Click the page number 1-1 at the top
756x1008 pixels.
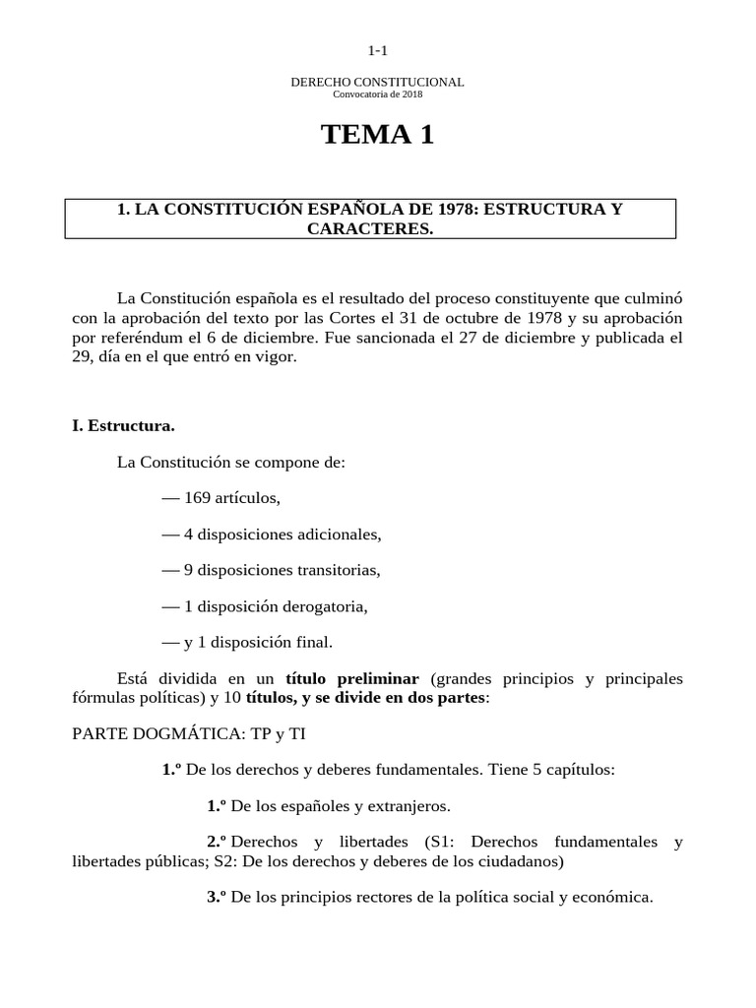pos(377,50)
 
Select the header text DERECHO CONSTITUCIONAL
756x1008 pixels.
pos(377,82)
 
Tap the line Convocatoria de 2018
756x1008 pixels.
pos(377,94)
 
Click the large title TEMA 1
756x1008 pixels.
pos(377,136)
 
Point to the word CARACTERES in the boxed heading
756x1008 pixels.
pos(370,228)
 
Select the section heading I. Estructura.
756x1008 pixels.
pos(123,426)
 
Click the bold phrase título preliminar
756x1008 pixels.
pos(352,679)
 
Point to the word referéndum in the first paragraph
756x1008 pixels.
pos(132,338)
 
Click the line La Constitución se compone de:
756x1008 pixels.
pos(231,462)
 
